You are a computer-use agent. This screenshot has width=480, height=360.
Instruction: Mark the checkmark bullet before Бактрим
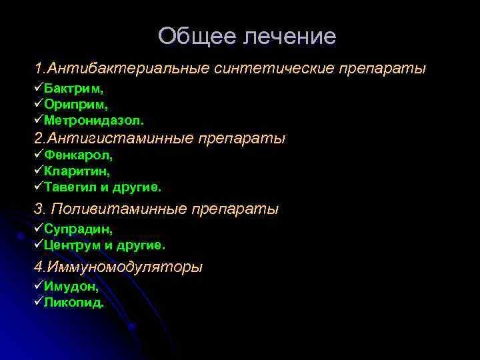point(39,88)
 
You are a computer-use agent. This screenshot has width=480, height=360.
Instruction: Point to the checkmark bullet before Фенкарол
point(39,155)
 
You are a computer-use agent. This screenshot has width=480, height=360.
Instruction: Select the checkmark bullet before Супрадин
point(39,228)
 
